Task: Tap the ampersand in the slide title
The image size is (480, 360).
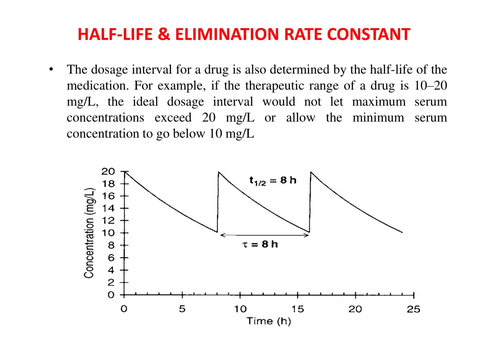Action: click(x=165, y=34)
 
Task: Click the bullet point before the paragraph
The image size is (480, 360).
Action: click(x=51, y=70)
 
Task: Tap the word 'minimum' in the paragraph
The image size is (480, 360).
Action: click(x=378, y=118)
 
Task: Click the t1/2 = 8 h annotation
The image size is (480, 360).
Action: click(x=273, y=180)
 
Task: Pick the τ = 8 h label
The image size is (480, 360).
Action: click(x=260, y=244)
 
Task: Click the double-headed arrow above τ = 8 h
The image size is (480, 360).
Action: click(x=264, y=235)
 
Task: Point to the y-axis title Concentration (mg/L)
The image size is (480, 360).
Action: click(x=90, y=233)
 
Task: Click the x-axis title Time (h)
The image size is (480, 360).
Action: click(x=269, y=321)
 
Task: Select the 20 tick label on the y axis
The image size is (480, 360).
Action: click(x=108, y=172)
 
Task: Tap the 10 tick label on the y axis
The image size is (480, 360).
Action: click(x=108, y=233)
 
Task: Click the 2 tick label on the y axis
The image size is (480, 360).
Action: click(x=111, y=283)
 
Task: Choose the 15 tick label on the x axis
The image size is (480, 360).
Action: click(x=298, y=309)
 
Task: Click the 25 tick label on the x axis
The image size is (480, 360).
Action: click(x=413, y=309)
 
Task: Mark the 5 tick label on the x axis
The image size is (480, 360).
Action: click(x=182, y=309)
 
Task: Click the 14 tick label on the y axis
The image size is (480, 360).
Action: click(x=108, y=208)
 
